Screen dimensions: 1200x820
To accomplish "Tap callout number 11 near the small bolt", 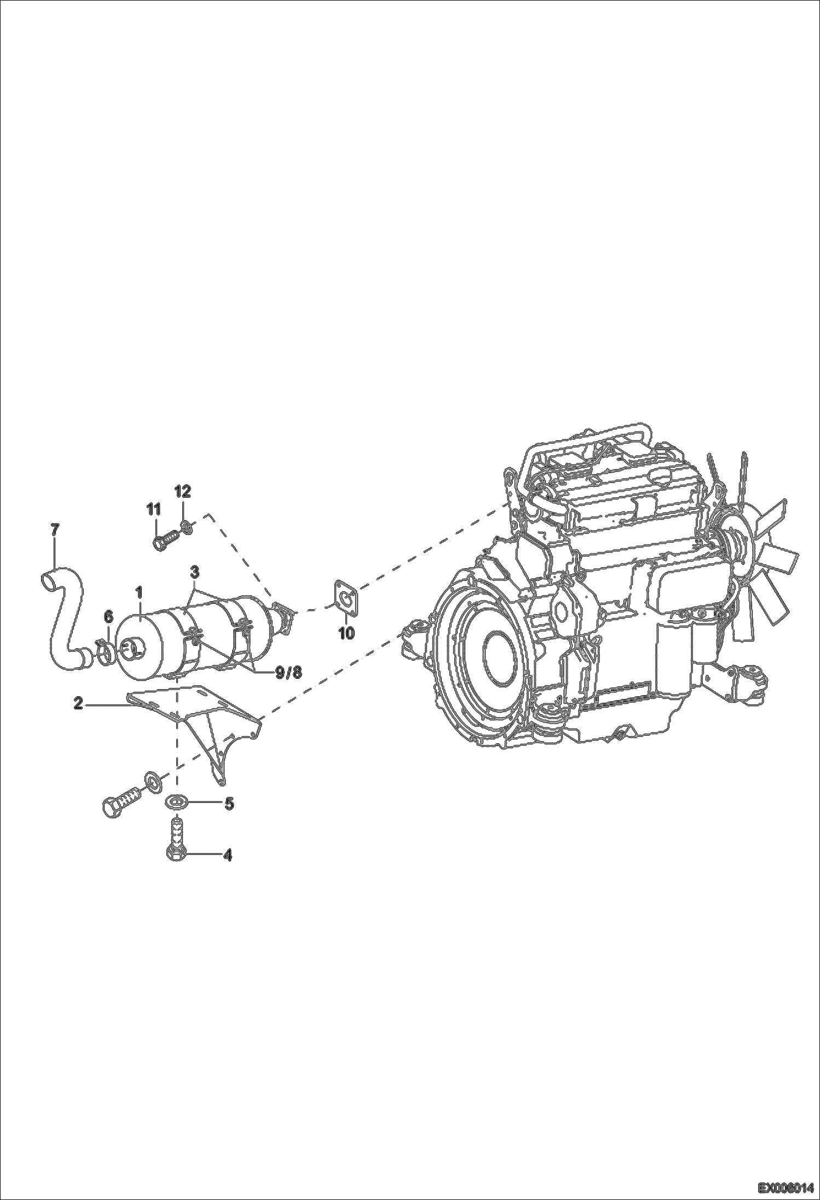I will tap(154, 509).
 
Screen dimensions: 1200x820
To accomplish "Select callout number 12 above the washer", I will tap(183, 491).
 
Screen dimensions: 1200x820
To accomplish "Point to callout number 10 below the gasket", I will tap(347, 633).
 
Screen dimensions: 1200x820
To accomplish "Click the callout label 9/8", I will tap(288, 673).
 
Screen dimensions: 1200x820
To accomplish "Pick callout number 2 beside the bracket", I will tap(79, 704).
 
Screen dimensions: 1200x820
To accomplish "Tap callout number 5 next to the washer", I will tap(229, 803).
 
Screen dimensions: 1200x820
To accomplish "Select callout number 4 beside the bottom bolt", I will tap(227, 855).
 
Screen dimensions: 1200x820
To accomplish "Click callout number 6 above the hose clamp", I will tap(108, 617).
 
